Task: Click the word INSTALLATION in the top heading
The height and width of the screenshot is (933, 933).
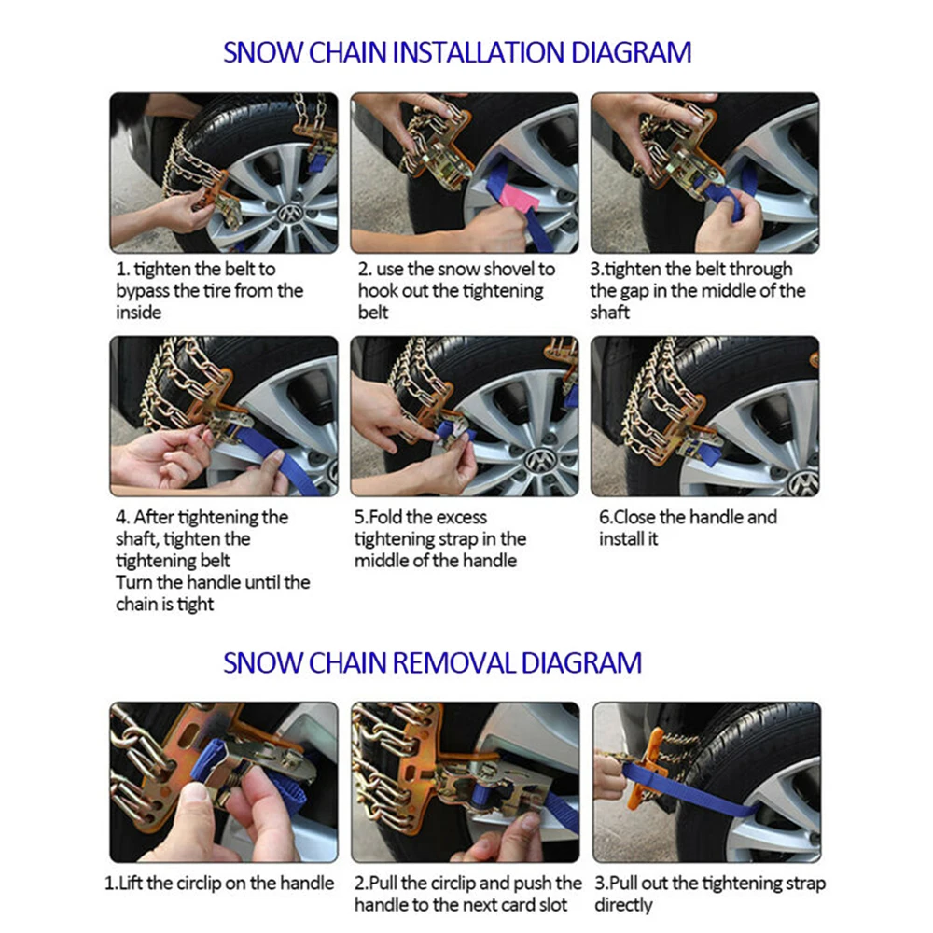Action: (478, 52)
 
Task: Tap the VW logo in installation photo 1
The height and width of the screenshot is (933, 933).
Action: (290, 213)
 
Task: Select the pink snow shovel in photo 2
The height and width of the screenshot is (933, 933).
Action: (516, 194)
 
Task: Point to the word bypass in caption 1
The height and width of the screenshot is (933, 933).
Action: (142, 291)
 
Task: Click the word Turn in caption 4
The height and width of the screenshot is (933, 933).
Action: (134, 582)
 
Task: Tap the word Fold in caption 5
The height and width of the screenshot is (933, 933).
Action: (386, 517)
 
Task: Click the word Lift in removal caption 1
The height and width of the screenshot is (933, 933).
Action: (130, 883)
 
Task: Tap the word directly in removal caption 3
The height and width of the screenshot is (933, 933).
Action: (623, 905)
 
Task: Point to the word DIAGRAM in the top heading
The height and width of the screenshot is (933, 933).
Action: (631, 52)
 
